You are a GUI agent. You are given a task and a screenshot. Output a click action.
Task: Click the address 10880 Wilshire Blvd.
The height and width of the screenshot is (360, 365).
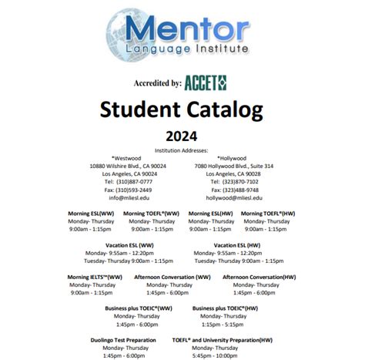[x=127, y=166]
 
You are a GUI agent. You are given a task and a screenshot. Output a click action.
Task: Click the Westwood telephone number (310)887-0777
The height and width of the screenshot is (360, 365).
[x=126, y=182]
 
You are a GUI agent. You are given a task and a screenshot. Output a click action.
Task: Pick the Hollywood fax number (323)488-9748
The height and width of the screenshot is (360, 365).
[x=240, y=190]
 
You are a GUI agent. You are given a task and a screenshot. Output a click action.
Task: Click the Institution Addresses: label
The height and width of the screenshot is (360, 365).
[x=182, y=150]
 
